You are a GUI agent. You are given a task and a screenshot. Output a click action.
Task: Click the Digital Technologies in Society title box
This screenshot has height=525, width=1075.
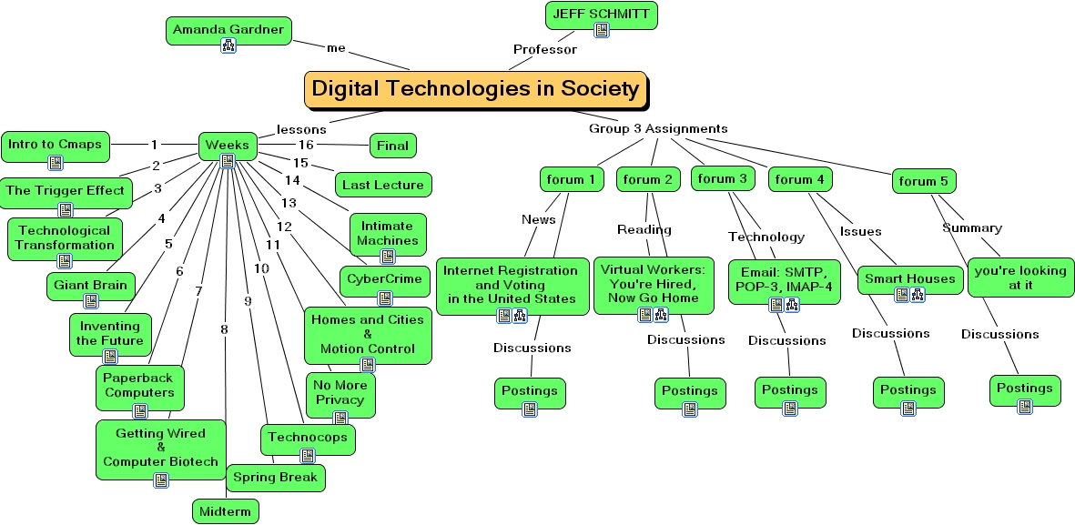point(475,89)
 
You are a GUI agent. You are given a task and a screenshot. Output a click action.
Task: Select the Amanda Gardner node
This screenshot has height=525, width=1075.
point(228,30)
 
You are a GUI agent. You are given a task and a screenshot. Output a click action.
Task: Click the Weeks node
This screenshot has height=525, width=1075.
point(228,146)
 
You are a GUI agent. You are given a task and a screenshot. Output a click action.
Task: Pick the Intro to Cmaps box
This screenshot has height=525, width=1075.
point(55,145)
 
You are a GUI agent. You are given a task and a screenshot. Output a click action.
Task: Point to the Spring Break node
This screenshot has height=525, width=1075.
point(275,477)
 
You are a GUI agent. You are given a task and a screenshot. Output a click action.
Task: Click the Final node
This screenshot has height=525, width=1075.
point(392,145)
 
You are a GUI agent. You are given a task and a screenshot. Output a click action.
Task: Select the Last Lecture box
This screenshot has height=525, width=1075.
point(382,185)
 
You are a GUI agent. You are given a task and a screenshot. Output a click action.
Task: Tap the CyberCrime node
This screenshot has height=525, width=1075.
point(385,278)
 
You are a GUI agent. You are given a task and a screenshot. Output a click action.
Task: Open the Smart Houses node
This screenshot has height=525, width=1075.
point(909,278)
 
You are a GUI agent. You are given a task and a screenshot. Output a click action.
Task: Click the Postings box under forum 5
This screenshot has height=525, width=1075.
point(1025,389)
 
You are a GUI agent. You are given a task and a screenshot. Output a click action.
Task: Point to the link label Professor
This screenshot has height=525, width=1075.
point(544,50)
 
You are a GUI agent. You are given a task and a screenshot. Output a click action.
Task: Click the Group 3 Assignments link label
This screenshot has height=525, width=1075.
point(658,128)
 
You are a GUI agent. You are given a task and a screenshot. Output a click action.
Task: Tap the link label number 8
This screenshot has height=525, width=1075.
point(224,328)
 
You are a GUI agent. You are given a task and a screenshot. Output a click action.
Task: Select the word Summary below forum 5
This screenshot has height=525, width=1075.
point(971,227)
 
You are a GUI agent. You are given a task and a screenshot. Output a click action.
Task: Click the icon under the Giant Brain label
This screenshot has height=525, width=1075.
point(91,301)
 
